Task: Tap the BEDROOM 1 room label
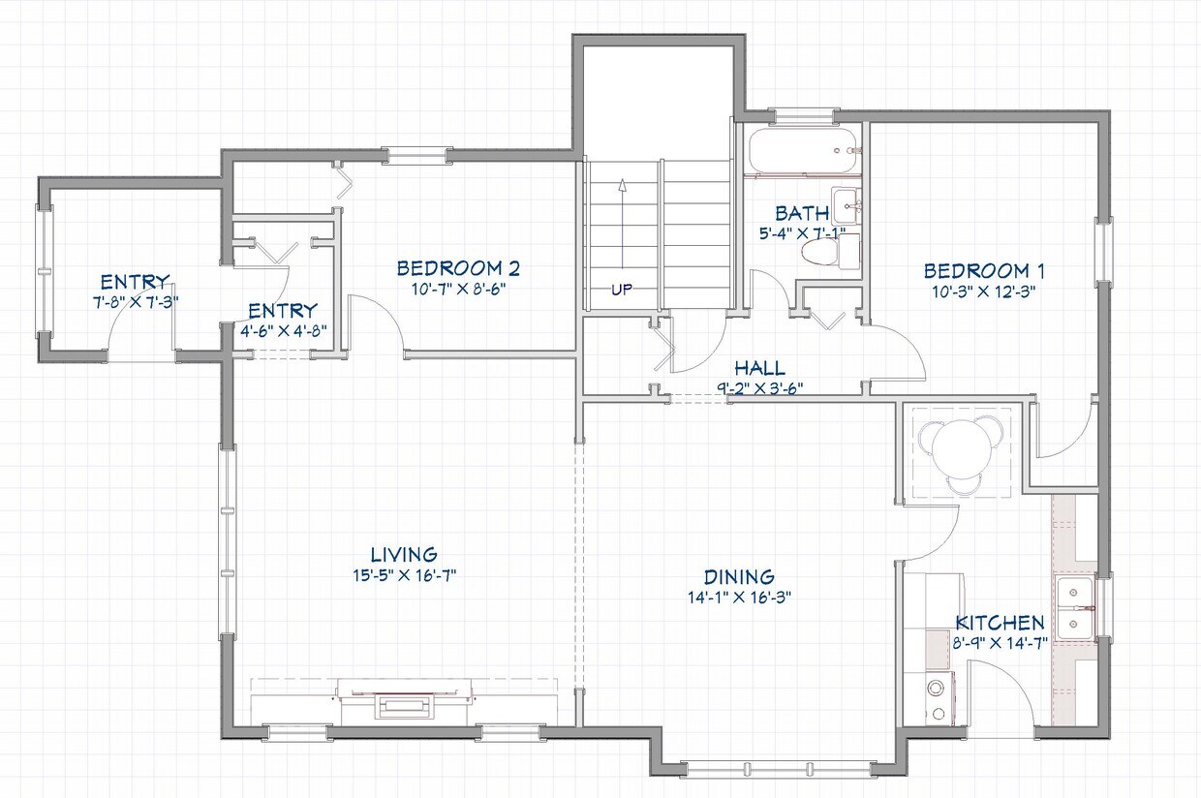tap(983, 271)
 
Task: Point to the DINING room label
tap(738, 577)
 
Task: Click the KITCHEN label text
tap(1000, 623)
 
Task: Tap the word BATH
tap(801, 213)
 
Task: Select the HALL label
tap(759, 368)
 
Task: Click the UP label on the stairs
tap(622, 289)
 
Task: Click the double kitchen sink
tap(1074, 608)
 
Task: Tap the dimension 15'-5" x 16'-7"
tap(405, 575)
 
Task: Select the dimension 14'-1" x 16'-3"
tap(738, 597)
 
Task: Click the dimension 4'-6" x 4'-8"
tap(283, 329)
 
